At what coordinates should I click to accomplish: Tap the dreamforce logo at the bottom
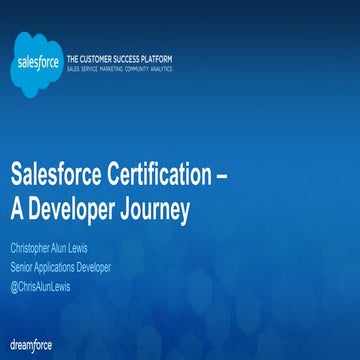pos(33,344)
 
